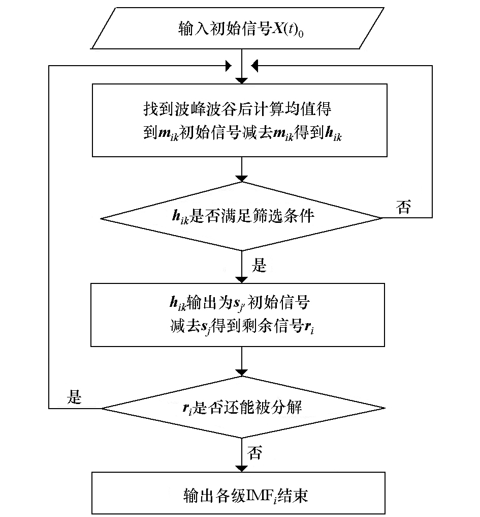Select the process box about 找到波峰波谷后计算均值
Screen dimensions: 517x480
240,120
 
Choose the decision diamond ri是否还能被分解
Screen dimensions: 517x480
243,408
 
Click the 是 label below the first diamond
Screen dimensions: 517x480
259,265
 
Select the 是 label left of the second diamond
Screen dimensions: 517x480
74,397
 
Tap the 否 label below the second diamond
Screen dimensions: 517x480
255,453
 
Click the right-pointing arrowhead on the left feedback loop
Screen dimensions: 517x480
228,66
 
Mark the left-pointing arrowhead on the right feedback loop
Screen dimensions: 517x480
256,66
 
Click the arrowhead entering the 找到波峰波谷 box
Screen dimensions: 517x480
242,80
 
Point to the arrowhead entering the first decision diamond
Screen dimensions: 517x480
242,178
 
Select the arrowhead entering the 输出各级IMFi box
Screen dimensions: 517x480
242,469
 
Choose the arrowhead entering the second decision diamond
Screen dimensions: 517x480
242,372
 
